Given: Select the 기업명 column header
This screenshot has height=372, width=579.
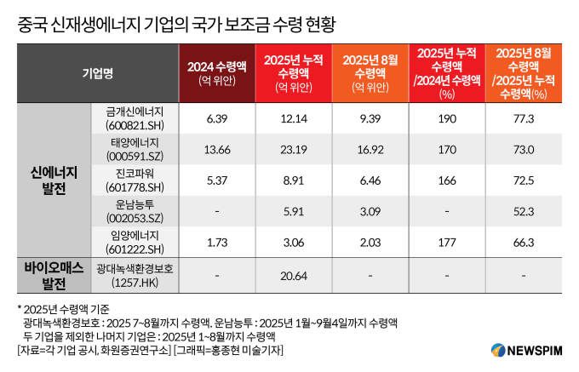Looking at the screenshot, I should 96,73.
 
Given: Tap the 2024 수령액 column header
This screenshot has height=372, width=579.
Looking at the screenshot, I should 218,73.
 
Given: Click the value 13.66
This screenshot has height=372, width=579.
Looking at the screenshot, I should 219,149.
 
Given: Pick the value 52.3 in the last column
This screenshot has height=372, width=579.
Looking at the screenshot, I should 525,211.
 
